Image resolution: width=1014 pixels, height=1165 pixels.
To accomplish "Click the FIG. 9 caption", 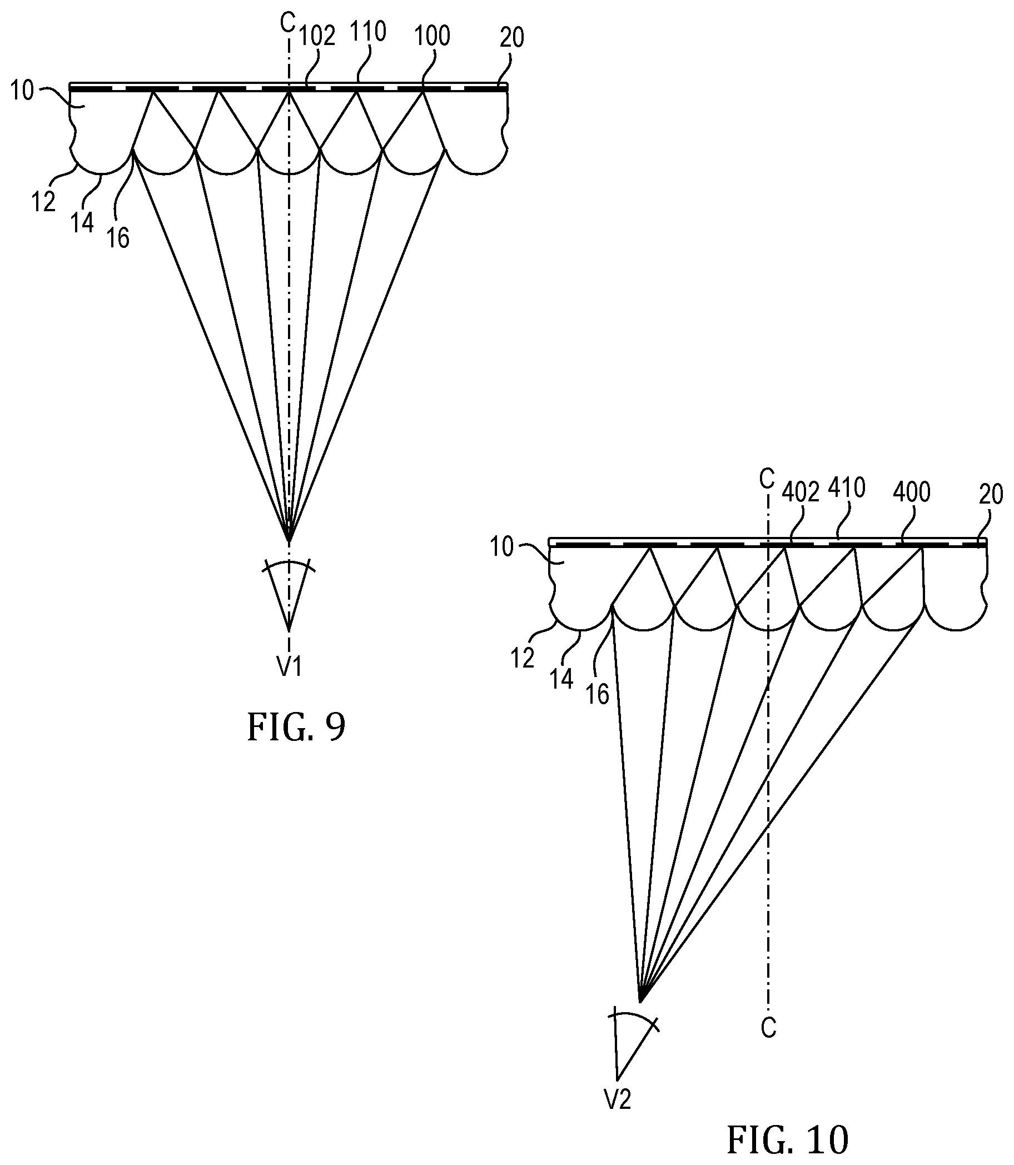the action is (296, 728).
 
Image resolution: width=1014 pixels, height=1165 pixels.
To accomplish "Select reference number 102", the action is (317, 36).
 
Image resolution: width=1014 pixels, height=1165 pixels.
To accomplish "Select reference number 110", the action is (368, 32).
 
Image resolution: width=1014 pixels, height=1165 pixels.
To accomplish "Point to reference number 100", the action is (433, 36).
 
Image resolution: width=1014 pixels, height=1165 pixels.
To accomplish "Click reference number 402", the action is (800, 493).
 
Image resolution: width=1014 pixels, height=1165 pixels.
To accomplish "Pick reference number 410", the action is (847, 487).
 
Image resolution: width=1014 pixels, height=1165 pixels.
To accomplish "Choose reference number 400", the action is (912, 492).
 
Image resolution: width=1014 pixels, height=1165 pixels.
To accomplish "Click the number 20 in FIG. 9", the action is (511, 37).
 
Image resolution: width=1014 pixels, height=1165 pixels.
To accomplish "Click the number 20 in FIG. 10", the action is (991, 494).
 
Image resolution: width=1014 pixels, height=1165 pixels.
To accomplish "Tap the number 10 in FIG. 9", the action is (22, 91).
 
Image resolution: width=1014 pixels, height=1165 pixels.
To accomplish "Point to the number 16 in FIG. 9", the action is (118, 238).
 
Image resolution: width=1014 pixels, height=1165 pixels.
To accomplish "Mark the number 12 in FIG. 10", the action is (521, 659).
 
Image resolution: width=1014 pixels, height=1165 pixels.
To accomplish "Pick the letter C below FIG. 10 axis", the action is (768, 1028).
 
